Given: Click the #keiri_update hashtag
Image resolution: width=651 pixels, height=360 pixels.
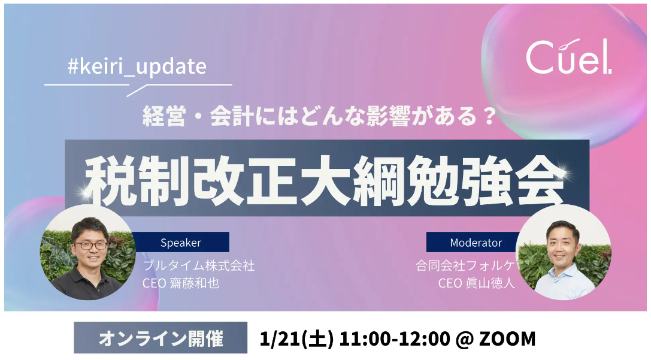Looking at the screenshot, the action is tap(137, 67).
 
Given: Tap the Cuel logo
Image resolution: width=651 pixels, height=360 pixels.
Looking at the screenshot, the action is tap(568, 57).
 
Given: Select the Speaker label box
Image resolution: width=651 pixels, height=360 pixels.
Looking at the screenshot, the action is tap(181, 242).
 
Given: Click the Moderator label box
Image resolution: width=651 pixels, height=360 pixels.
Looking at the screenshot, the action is tap(476, 242).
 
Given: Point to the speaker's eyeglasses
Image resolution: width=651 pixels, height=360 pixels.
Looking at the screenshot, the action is tap(91, 246).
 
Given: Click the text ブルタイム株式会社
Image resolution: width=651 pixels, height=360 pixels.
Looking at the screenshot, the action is tap(198, 265).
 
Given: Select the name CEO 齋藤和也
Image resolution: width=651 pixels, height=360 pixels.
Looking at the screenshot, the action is tap(181, 283).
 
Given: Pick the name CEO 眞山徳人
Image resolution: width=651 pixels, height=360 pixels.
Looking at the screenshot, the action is tap(477, 283).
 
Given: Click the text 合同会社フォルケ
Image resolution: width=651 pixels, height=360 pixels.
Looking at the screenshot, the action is tap(465, 265).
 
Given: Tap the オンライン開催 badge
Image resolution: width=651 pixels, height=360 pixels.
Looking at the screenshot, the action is tap(161, 338).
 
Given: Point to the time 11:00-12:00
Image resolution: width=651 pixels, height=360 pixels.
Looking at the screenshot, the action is tap(395, 338).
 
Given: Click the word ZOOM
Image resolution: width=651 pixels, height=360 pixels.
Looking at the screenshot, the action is tap(507, 338).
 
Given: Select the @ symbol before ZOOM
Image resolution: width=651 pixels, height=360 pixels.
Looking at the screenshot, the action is tap(464, 339).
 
